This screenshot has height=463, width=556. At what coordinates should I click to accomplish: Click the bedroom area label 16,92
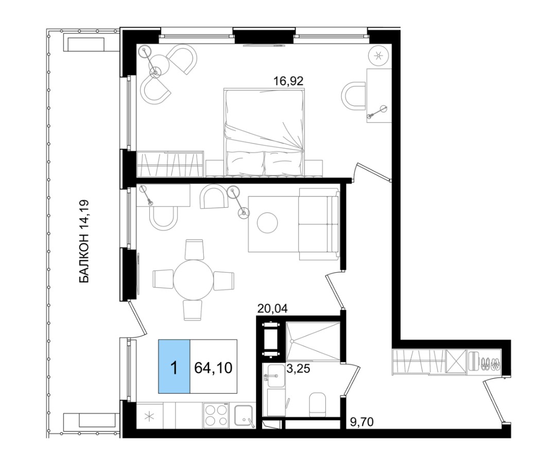(x=288, y=81)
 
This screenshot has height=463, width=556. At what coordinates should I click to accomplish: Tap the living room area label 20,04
(x=272, y=309)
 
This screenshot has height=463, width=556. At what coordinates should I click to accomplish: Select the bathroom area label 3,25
(x=298, y=369)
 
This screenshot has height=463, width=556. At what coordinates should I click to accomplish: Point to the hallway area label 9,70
(x=361, y=422)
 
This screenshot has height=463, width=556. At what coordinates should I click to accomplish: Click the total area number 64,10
(x=214, y=368)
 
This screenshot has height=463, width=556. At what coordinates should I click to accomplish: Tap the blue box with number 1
(x=174, y=366)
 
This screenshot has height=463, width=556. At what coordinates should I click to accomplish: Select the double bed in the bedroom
(x=265, y=132)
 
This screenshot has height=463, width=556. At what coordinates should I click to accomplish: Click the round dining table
(x=194, y=279)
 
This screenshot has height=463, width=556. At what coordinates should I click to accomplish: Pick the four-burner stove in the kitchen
(x=216, y=415)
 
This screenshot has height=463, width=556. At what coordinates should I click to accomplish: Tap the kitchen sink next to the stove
(x=244, y=416)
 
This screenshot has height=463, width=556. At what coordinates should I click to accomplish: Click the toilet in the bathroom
(x=318, y=404)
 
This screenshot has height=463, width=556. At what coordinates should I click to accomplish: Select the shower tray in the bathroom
(x=313, y=341)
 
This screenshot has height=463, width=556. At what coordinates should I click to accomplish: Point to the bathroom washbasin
(x=275, y=376)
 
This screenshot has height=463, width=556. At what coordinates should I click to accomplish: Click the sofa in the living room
(x=319, y=224)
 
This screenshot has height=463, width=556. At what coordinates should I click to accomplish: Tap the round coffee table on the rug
(x=267, y=223)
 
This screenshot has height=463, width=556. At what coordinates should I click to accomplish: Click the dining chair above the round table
(x=194, y=250)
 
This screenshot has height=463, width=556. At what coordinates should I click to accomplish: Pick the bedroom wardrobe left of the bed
(x=170, y=164)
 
